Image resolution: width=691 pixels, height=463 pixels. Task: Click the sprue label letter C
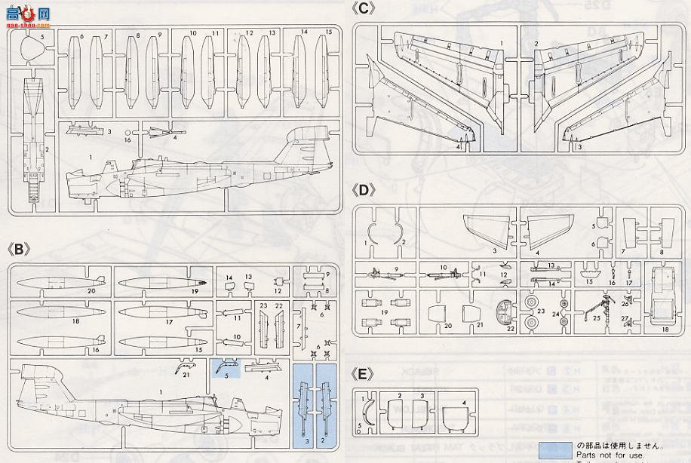click(x=365, y=9)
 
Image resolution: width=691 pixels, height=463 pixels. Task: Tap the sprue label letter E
click(x=365, y=374)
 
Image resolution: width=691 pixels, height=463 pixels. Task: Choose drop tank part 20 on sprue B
click(x=60, y=282)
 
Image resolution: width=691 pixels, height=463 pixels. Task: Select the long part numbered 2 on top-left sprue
click(x=33, y=143)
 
